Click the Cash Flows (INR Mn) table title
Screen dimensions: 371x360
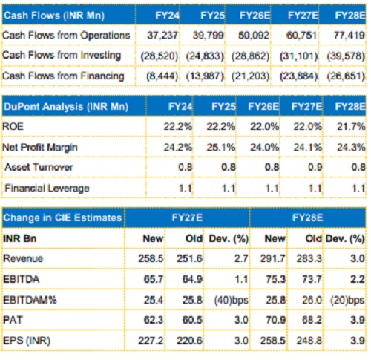point(54,16)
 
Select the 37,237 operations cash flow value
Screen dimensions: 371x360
point(162,35)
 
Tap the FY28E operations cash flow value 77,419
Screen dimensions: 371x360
point(349,35)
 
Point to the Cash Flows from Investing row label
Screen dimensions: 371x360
point(62,56)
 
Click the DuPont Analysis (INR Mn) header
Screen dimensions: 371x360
point(66,107)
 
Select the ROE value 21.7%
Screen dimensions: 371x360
point(351,126)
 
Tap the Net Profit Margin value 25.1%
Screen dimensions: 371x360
point(221,147)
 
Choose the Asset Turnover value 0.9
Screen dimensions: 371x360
point(315,167)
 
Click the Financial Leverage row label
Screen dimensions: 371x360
point(47,189)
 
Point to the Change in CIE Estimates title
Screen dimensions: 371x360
point(62,217)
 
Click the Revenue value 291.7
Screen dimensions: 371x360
point(272,258)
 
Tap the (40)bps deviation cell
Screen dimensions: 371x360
point(232,300)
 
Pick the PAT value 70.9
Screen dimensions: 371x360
point(275,320)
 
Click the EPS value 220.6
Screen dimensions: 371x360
point(189,341)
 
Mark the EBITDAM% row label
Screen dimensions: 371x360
point(30,300)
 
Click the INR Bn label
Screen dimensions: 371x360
point(20,239)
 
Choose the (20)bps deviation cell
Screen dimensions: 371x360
point(347,300)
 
